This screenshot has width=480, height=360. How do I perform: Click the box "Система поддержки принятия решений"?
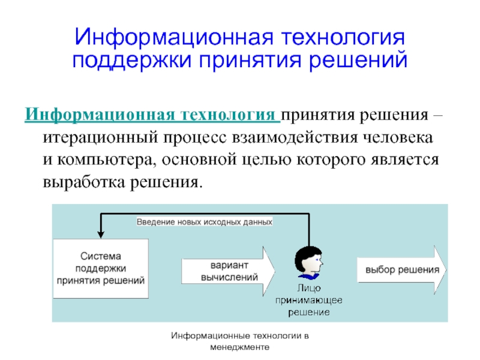100,268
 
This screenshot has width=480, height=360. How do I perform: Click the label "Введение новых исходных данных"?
205,221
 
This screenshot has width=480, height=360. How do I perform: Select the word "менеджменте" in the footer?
240,347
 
